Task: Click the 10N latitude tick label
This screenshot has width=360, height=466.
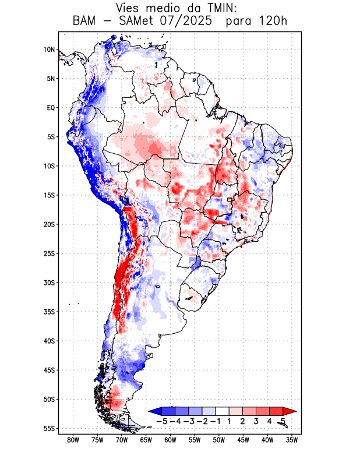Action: point(49,50)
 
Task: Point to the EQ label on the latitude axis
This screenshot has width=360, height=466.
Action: point(50,108)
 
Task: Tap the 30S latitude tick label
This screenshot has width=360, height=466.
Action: point(49,283)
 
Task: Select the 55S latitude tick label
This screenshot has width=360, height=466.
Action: point(49,428)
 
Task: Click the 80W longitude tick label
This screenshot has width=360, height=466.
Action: point(73,440)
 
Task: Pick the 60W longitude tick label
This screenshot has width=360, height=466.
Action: point(170,440)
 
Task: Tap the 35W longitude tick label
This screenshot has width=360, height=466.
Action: point(292,440)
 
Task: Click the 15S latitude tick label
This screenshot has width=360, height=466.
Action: point(49,195)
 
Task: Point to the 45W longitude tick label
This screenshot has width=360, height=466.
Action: point(243,440)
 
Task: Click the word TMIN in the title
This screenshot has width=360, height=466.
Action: point(207,8)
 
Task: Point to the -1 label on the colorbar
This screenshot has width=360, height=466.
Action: point(215,421)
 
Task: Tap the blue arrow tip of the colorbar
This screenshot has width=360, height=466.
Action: point(153,411)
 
